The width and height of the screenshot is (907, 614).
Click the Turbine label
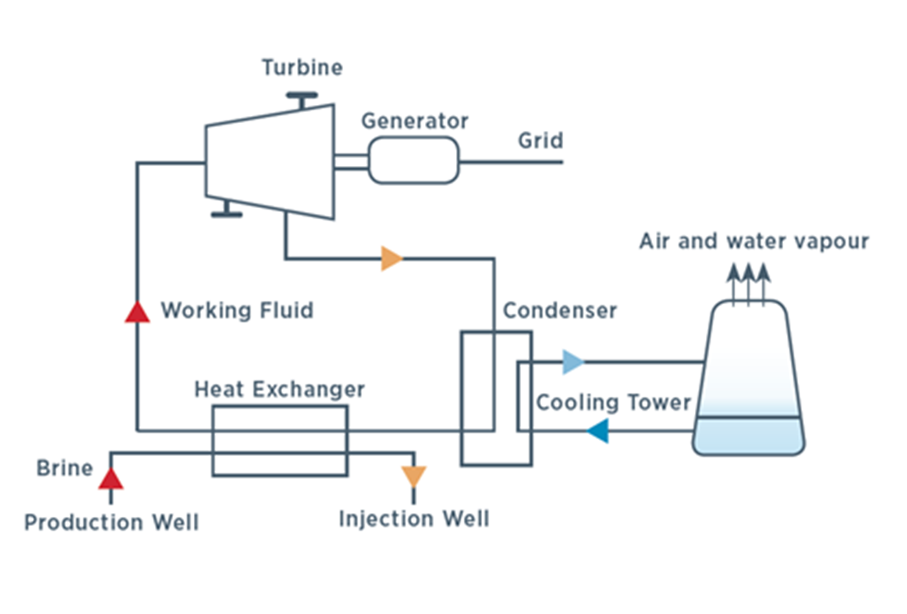click(302, 68)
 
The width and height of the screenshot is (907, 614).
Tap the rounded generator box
click(414, 160)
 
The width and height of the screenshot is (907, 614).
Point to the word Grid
click(540, 141)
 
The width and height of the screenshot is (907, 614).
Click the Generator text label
click(415, 122)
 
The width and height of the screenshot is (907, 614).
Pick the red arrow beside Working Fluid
click(137, 311)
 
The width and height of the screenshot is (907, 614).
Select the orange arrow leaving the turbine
click(392, 258)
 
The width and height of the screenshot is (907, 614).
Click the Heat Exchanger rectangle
click(280, 441)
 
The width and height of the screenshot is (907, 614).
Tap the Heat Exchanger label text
click(280, 390)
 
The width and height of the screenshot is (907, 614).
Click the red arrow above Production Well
click(110, 477)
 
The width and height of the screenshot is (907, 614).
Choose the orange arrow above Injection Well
click(413, 477)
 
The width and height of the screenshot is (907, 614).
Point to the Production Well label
click(111, 522)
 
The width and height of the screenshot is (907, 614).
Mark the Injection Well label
click(414, 519)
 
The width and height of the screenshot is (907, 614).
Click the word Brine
click(64, 469)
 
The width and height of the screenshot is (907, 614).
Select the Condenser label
click(559, 310)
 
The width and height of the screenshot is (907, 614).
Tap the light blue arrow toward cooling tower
click(573, 362)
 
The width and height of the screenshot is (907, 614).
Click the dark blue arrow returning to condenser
click(597, 431)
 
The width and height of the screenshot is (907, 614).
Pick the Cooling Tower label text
click(613, 402)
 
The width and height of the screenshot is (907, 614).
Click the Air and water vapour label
click(754, 241)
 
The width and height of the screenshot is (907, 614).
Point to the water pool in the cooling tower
click(748, 435)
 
